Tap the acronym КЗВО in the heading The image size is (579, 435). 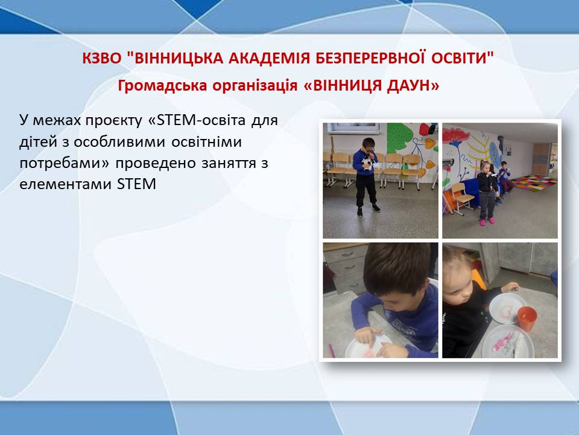click(x=101, y=58)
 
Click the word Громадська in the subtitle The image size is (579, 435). click(x=162, y=86)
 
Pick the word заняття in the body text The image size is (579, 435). click(x=228, y=163)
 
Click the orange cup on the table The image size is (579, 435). click(x=527, y=318)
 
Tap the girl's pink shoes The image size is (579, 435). click(x=487, y=222)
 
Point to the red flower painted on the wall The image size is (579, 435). click(x=456, y=135)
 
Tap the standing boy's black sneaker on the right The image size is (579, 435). click(x=376, y=208)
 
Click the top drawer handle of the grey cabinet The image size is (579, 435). click(x=347, y=254)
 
